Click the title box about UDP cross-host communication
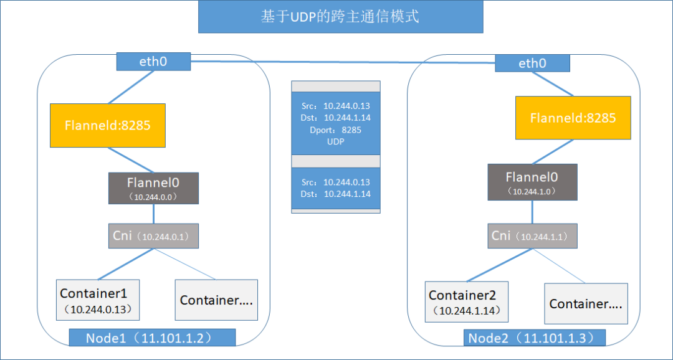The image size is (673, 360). point(340,17)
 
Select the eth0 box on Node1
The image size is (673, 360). point(153,62)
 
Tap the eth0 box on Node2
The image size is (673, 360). point(532,63)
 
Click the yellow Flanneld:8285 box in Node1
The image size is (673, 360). point(108,125)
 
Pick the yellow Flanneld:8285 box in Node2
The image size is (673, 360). point(573,118)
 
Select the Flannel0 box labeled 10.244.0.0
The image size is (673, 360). point(153,188)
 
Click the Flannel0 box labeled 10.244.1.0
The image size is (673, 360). point(532,182)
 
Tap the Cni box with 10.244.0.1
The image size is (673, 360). point(153,236)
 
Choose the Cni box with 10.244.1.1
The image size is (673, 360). point(532,236)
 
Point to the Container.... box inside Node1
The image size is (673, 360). point(217,300)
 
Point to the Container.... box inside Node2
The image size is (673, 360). point(586,304)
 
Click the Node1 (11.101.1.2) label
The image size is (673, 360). point(152,338)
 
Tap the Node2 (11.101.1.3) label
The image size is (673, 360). point(535,338)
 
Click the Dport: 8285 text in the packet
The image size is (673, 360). point(335,130)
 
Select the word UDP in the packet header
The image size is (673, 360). point(335,142)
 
